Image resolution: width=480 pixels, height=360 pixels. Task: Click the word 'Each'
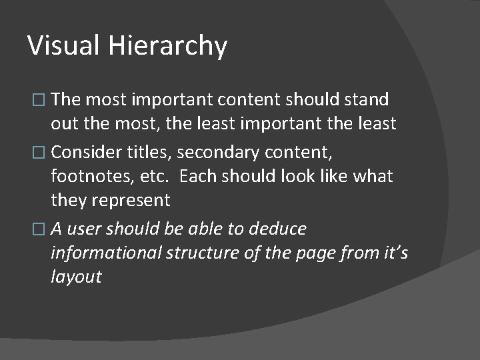199,177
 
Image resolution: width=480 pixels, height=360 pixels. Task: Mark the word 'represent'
130,201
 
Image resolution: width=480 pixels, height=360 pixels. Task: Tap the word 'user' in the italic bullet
84,229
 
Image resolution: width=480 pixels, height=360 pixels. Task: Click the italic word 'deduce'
277,229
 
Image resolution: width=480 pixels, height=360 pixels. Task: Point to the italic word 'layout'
75,277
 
